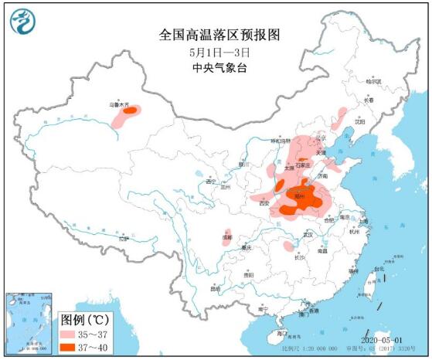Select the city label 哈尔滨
tap(374, 81)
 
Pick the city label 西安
tap(263, 203)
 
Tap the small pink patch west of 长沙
tap(288, 247)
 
